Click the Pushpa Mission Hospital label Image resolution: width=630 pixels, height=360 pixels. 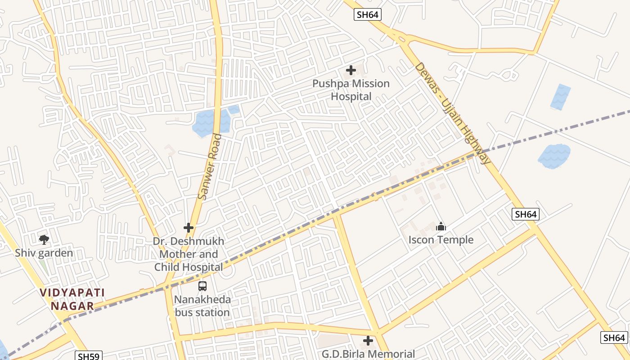pyautogui.click(x=351, y=90)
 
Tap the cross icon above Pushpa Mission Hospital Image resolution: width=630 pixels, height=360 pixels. pyautogui.click(x=351, y=70)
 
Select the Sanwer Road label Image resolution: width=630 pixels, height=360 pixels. pyautogui.click(x=210, y=166)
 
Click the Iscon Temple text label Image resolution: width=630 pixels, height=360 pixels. pyautogui.click(x=441, y=240)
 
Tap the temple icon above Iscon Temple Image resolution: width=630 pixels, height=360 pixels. pyautogui.click(x=441, y=226)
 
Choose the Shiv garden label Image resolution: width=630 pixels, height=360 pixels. pyautogui.click(x=44, y=253)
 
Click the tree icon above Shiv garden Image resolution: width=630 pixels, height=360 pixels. pyautogui.click(x=44, y=240)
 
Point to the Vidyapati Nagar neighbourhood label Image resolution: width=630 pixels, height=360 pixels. pyautogui.click(x=72, y=299)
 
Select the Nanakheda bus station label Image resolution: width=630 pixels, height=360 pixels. pyautogui.click(x=202, y=306)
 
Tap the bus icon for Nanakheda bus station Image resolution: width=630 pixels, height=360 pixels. pyautogui.click(x=202, y=286)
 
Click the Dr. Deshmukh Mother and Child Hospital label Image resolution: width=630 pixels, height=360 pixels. pyautogui.click(x=189, y=254)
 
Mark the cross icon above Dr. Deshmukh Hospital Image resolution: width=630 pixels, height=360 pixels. pyautogui.click(x=189, y=228)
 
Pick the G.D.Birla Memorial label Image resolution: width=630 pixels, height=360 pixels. pyautogui.click(x=368, y=354)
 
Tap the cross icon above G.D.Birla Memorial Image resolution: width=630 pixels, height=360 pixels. pyautogui.click(x=368, y=341)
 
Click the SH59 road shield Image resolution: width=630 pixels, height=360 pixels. pyautogui.click(x=89, y=356)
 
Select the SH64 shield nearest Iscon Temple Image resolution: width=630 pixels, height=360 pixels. pyautogui.click(x=526, y=214)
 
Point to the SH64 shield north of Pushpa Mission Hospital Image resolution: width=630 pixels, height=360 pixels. pyautogui.click(x=368, y=14)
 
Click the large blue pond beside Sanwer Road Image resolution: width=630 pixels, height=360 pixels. pyautogui.click(x=207, y=123)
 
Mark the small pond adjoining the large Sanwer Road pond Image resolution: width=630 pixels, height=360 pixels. pyautogui.click(x=234, y=109)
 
